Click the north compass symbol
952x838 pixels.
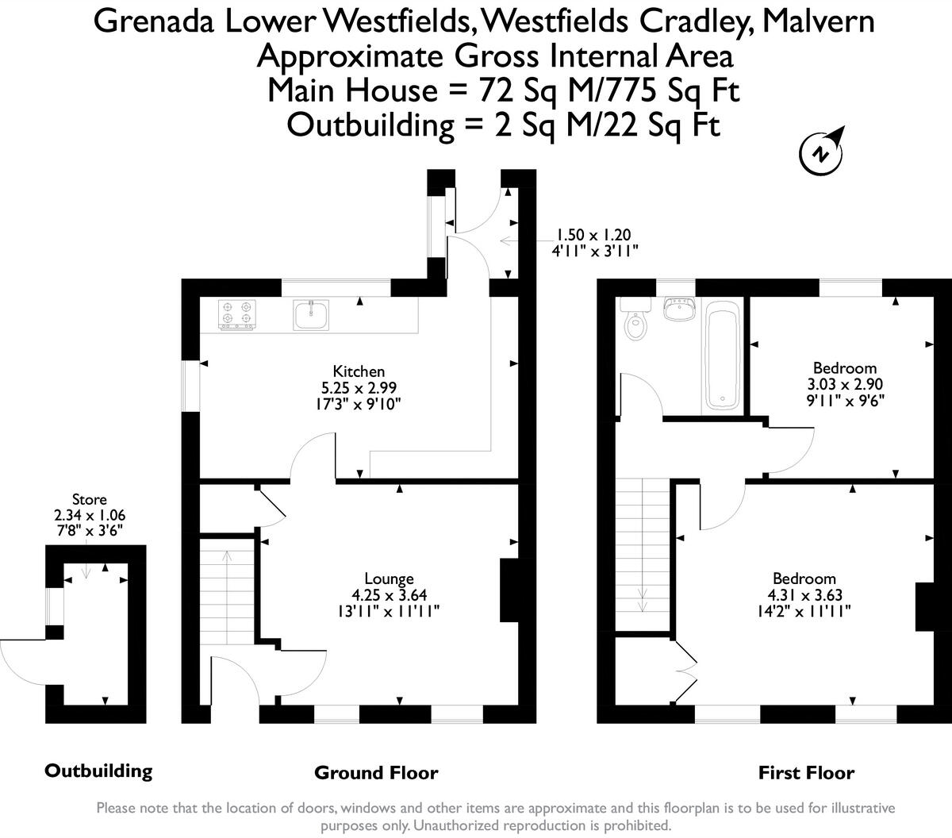point(822,152)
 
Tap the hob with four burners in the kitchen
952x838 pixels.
point(237,314)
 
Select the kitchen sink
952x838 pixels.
point(311,314)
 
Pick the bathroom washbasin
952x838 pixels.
point(678,309)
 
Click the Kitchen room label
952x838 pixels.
point(359,371)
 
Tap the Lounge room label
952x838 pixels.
point(389,578)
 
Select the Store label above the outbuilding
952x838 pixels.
point(90,498)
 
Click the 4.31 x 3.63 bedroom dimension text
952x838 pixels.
point(805,595)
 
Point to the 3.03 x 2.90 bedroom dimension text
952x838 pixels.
point(845,384)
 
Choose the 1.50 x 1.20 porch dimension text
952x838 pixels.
point(593,235)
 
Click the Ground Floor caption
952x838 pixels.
point(376,773)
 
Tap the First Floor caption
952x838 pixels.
point(806,773)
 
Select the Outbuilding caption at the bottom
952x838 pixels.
point(98,771)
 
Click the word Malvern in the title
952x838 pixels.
point(818,21)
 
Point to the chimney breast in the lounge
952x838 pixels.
point(509,590)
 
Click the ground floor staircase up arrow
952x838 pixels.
point(227,598)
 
